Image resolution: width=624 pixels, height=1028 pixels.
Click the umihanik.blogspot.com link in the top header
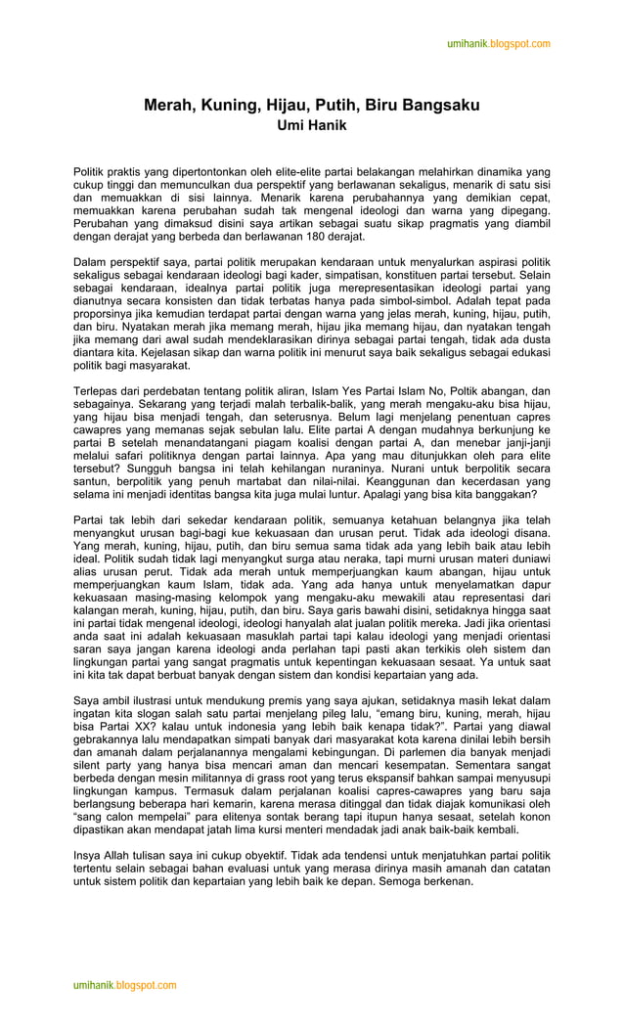(x=498, y=44)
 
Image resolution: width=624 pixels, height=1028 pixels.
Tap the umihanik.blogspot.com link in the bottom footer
(x=124, y=985)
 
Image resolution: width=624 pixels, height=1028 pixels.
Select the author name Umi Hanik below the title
(x=312, y=125)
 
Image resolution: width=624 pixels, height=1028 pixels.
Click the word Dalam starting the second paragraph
(x=92, y=262)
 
